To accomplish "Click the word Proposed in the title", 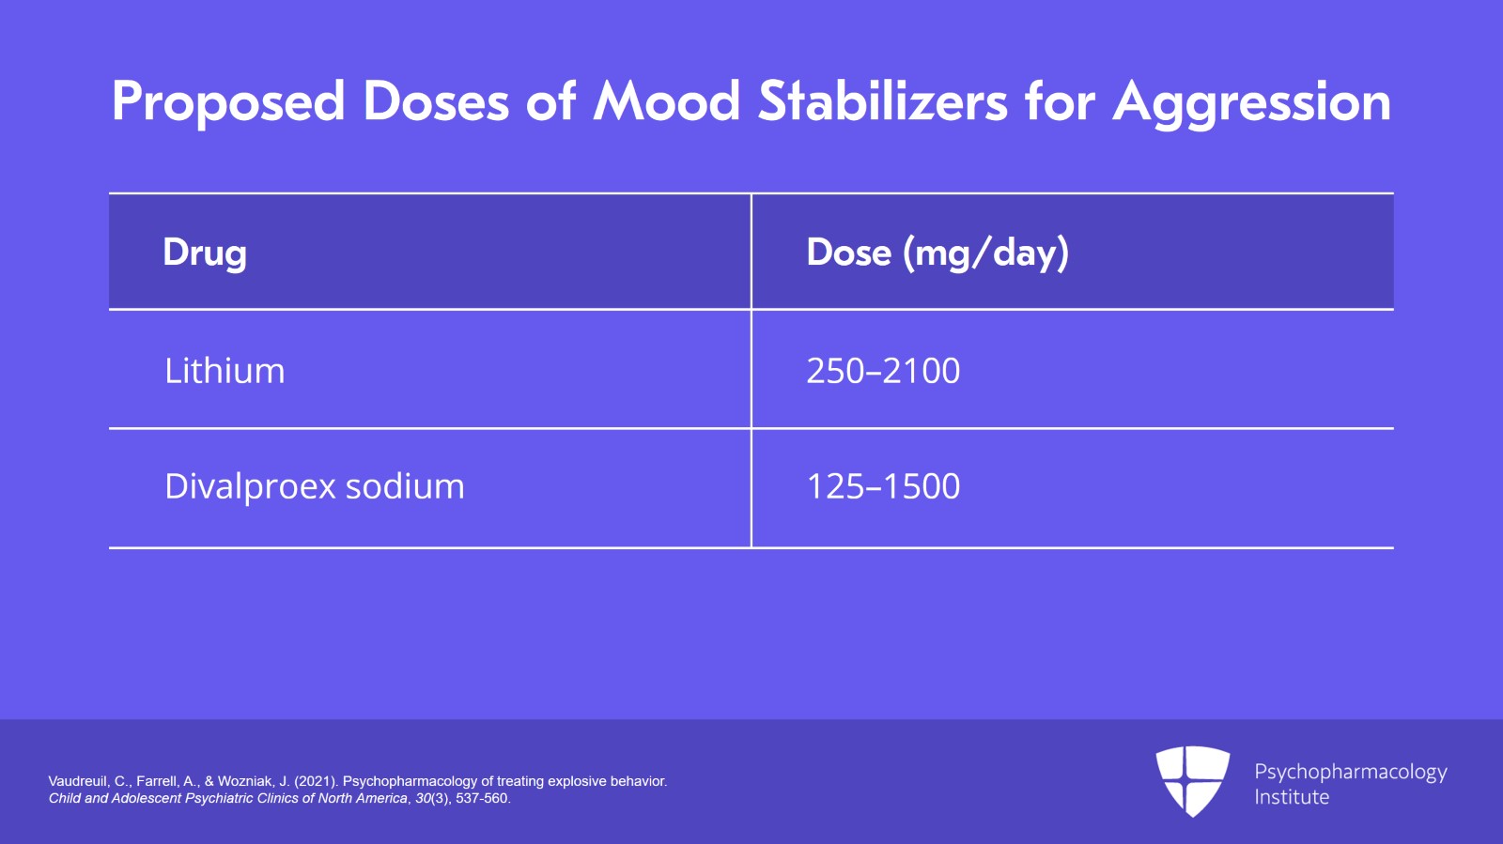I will [228, 102].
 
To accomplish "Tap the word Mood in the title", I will [667, 101].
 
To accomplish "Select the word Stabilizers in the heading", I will [883, 101].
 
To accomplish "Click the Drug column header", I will [205, 253].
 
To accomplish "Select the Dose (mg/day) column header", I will [937, 253].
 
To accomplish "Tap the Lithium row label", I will [225, 371].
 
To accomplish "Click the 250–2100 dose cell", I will [883, 371].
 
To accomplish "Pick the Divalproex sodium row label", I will [314, 486].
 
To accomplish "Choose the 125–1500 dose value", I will [883, 486].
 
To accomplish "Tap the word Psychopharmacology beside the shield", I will [1350, 772].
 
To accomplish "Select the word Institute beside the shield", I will [1292, 797].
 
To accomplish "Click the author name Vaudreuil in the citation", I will [78, 781].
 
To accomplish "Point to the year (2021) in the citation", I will [317, 781].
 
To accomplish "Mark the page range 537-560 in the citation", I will [482, 799].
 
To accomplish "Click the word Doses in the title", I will [436, 101].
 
